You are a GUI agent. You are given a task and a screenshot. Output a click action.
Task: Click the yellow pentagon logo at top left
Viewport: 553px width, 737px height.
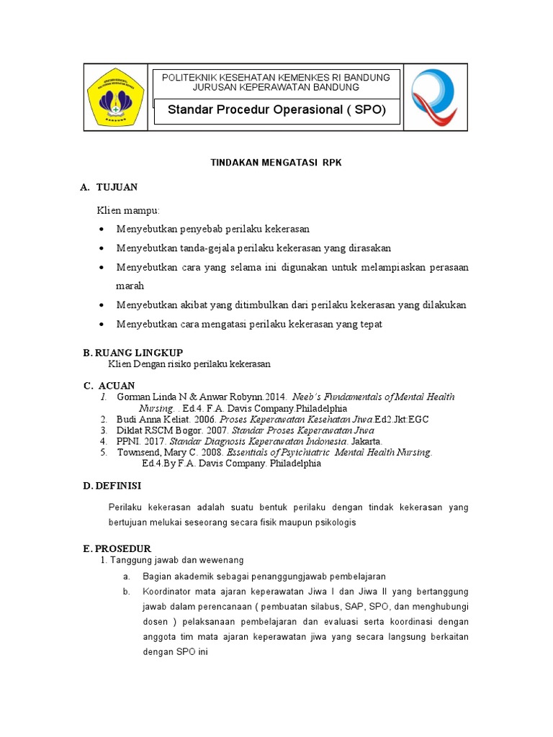pos(115,96)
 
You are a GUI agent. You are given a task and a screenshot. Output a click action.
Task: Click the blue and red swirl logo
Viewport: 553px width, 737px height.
pos(433,96)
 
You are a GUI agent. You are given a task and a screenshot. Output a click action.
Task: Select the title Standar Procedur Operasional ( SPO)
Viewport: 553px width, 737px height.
pos(276,110)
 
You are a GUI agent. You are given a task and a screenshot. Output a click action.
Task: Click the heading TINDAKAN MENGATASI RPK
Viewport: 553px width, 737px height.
pos(276,163)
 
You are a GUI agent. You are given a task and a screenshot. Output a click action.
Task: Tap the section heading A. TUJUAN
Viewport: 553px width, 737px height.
pos(109,187)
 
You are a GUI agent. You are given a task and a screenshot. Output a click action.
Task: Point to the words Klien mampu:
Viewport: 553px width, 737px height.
pos(129,210)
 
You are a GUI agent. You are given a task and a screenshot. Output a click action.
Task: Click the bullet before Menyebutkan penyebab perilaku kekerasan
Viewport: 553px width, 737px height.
pos(100,230)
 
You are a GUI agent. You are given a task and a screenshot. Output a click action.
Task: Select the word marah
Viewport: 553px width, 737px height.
pos(130,286)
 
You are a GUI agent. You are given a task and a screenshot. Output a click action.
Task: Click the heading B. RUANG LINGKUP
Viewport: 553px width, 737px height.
pos(133,352)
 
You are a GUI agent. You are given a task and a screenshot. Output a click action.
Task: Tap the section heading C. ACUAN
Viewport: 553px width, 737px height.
pos(109,385)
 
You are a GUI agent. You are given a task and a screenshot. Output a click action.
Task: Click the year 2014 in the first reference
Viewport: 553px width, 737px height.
pos(274,397)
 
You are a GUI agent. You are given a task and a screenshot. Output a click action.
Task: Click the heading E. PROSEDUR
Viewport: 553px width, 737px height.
pos(117,548)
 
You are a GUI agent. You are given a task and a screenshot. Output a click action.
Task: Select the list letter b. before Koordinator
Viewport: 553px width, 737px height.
pos(126,592)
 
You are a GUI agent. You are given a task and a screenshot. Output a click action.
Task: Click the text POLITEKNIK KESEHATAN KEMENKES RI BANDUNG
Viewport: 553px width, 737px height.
pos(276,77)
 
